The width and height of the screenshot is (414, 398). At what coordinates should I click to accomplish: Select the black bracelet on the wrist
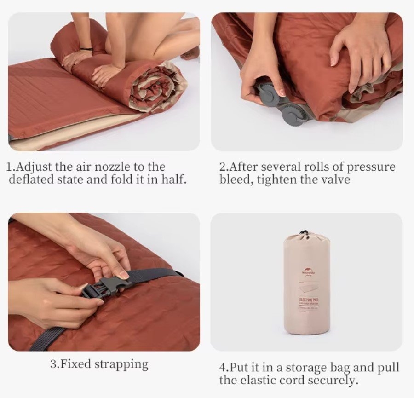[x=86, y=48]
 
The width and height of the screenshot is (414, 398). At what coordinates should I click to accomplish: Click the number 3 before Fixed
[x=53, y=365]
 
